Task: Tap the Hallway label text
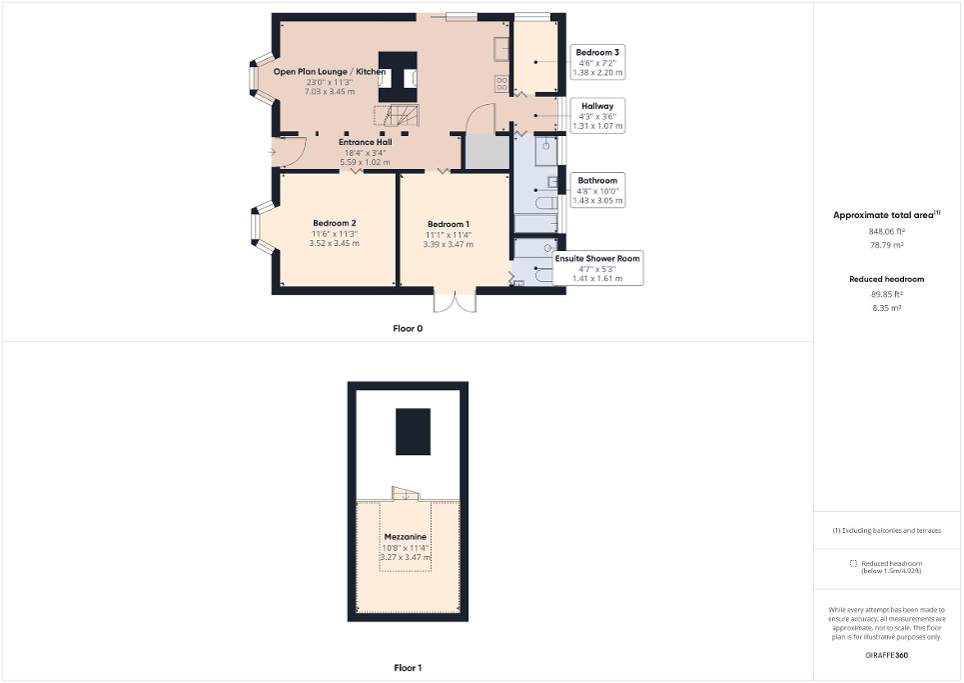click(x=597, y=104)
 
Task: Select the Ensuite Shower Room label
click(x=598, y=258)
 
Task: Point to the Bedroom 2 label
click(x=335, y=223)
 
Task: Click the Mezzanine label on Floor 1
click(x=406, y=537)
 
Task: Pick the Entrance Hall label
click(x=364, y=142)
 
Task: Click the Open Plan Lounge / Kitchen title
click(x=330, y=72)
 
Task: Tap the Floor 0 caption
click(x=407, y=328)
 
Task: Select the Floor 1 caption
click(x=407, y=667)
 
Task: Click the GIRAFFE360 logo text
click(x=887, y=656)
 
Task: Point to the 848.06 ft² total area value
click(x=887, y=231)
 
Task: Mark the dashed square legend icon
click(x=853, y=563)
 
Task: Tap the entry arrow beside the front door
click(x=273, y=152)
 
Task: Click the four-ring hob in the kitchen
click(x=500, y=83)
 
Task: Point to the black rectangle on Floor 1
click(x=414, y=431)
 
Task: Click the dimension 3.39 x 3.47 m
click(x=449, y=244)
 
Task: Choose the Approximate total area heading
click(x=885, y=215)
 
